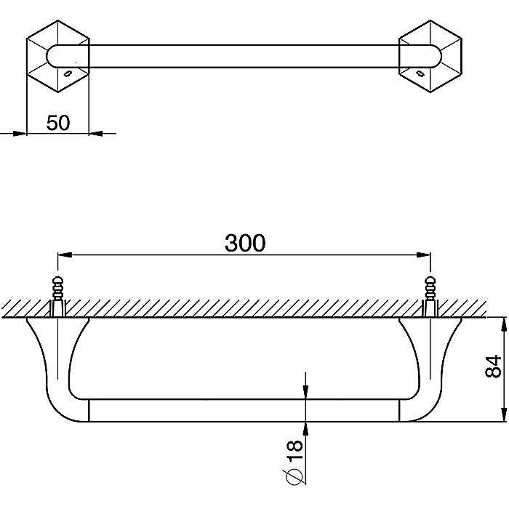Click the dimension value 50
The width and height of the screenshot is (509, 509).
(58, 123)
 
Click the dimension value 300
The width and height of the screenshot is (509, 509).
(245, 243)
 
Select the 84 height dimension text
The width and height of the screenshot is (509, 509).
(493, 366)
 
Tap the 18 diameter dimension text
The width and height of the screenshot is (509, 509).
(294, 449)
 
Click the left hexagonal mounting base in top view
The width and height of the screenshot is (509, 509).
(57, 57)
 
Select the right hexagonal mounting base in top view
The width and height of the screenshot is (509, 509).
(430, 57)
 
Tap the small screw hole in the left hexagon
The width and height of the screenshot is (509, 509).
(68, 73)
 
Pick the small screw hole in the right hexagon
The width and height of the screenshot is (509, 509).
(420, 73)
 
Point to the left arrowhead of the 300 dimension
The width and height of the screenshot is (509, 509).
(64, 255)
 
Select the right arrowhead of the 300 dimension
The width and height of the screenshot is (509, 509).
(424, 255)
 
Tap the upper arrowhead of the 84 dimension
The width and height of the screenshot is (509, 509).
(504, 324)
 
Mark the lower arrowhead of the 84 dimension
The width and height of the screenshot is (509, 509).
(504, 415)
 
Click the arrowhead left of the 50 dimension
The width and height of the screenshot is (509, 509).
(20, 133)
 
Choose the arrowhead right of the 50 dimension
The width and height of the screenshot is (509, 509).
(96, 133)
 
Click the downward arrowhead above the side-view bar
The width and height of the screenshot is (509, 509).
(305, 392)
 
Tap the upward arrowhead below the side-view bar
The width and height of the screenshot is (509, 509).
(305, 429)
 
